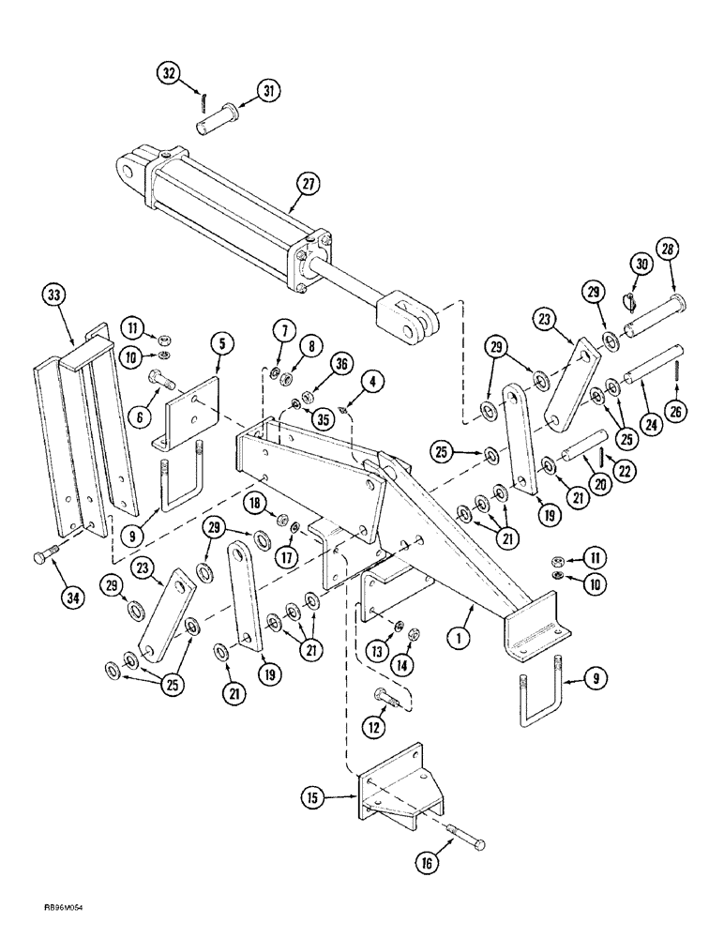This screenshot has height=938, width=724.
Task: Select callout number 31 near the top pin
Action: coord(269,90)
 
